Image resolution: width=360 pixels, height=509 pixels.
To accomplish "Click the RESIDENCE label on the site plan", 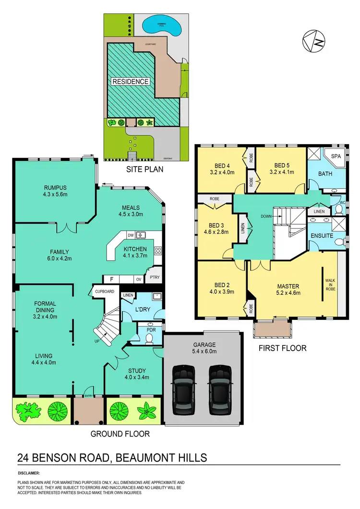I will click(130, 82).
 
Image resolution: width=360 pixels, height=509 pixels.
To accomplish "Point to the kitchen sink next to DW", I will click(141, 235).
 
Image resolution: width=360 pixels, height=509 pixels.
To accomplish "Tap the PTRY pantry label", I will click(155, 277).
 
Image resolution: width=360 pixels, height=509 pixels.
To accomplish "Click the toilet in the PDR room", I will click(149, 339).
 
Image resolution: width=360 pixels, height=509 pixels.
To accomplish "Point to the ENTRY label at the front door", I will click(88, 396).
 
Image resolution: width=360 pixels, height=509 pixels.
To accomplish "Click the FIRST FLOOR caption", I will click(282, 348).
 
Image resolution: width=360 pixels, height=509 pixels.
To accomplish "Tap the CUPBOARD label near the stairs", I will click(104, 291).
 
